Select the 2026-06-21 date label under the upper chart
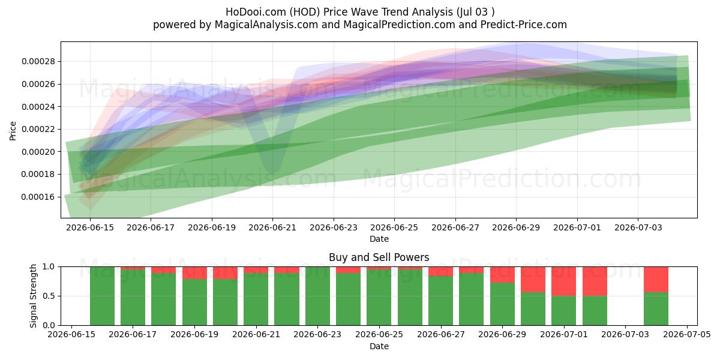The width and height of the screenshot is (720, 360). click(x=272, y=227)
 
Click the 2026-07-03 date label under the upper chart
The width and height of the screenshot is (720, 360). click(x=638, y=227)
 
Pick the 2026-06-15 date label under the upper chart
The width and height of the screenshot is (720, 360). click(x=90, y=227)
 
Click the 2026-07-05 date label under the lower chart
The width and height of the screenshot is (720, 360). click(x=687, y=335)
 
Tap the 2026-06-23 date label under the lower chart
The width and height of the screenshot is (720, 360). click(x=317, y=335)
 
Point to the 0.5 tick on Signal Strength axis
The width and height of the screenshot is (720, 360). click(x=49, y=296)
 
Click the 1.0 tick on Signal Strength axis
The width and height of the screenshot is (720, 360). click(x=49, y=267)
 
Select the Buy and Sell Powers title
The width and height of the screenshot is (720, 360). click(x=379, y=257)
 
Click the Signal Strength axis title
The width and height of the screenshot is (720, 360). click(x=33, y=296)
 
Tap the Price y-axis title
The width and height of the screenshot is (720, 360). click(x=13, y=131)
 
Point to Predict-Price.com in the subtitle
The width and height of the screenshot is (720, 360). click(x=524, y=25)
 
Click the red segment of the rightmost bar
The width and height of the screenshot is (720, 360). click(x=656, y=280)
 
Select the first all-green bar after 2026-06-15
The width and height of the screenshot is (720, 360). click(x=102, y=296)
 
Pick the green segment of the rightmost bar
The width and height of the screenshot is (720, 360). click(x=656, y=309)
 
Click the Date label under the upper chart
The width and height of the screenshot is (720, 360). click(x=379, y=239)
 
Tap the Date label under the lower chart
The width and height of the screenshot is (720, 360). click(x=379, y=346)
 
